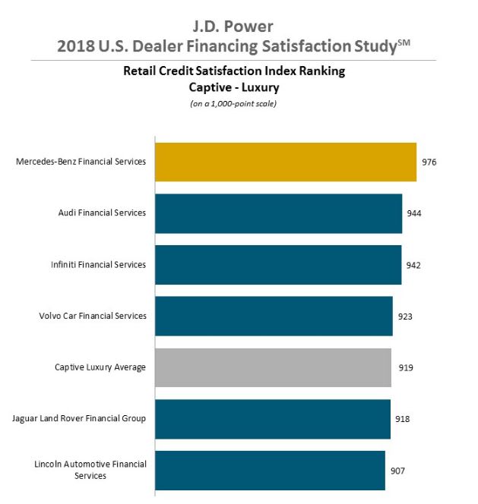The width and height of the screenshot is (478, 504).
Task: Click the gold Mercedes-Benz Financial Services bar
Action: [286, 162]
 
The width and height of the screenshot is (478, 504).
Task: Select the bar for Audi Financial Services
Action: [279, 213]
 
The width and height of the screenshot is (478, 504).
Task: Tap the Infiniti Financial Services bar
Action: [278, 265]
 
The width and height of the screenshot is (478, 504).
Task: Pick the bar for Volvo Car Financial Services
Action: [274, 316]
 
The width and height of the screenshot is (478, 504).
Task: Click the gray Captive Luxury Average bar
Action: [274, 367]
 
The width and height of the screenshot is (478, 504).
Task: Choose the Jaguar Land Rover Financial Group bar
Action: [273, 419]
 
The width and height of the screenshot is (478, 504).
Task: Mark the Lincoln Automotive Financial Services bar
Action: [271, 471]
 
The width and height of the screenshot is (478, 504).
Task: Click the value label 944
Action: [414, 213]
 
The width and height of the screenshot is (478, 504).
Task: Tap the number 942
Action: [413, 265]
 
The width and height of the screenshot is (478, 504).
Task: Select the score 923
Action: [405, 316]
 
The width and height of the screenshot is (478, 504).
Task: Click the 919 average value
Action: [406, 367]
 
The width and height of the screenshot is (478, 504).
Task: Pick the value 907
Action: [398, 471]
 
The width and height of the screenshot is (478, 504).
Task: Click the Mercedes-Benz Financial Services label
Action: [81, 162]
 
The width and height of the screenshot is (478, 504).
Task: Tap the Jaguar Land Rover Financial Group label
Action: [79, 419]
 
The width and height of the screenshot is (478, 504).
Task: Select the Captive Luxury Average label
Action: [100, 367]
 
